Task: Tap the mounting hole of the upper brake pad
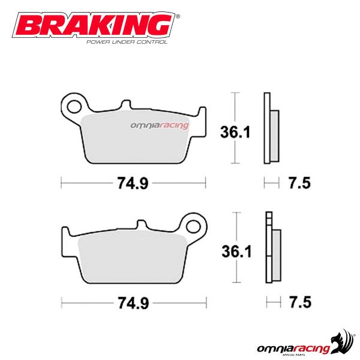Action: (75, 108)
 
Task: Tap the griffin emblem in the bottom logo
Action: (342, 330)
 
